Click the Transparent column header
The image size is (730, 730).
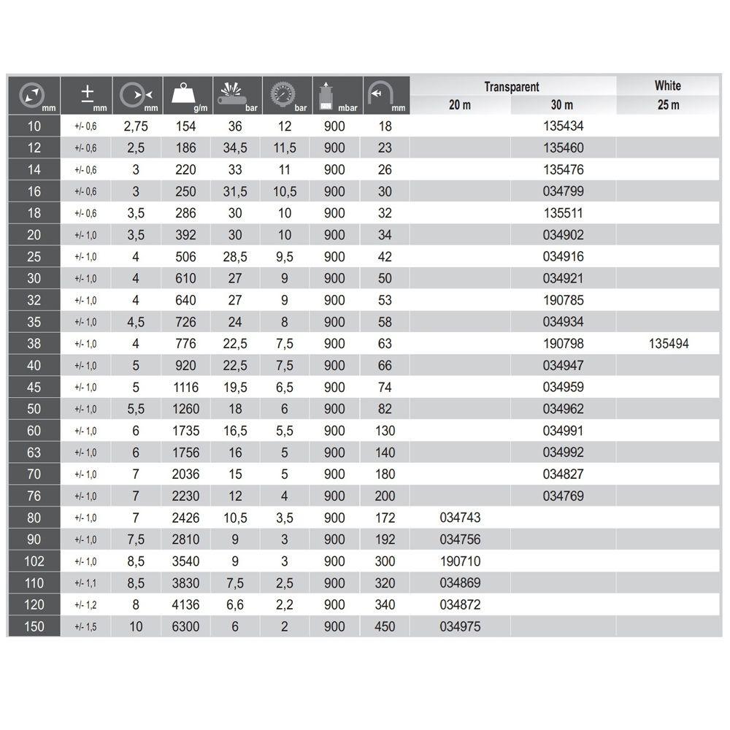(x=512, y=87)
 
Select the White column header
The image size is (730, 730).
(x=667, y=85)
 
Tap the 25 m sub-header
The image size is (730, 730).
(x=667, y=105)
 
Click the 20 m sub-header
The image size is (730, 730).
(x=459, y=105)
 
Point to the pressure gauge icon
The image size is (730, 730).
(x=284, y=95)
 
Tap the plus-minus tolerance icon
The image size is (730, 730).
(x=88, y=95)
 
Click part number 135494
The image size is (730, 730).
(x=668, y=344)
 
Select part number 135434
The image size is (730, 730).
(x=563, y=126)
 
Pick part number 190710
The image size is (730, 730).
(x=460, y=561)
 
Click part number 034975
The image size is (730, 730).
(x=460, y=626)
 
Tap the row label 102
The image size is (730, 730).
(x=34, y=561)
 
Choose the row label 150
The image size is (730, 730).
(x=34, y=626)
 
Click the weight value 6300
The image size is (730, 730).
(x=185, y=626)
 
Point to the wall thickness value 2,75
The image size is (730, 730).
(x=136, y=126)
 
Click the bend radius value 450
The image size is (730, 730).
(x=384, y=626)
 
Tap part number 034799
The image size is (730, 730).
(x=563, y=191)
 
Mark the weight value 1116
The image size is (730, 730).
(x=185, y=387)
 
